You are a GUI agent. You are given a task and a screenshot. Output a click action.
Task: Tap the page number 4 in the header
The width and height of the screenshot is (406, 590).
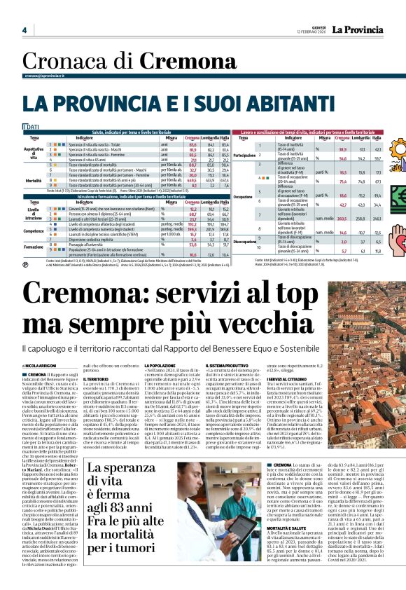pyautogui.click(x=24, y=30)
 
